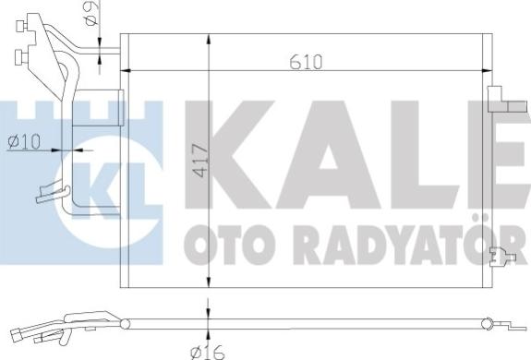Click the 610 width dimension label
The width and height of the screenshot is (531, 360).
tap(306, 62)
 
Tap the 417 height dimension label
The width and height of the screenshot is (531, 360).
tap(200, 161)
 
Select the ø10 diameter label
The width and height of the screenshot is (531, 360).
tap(24, 141)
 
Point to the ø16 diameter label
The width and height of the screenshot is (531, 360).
tap(207, 353)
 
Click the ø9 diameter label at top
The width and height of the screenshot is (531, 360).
tap(91, 13)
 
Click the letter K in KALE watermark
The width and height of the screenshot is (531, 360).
tap(229, 154)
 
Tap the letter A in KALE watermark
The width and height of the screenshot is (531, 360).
tap(329, 154)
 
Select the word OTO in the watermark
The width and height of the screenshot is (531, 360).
tap(229, 244)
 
